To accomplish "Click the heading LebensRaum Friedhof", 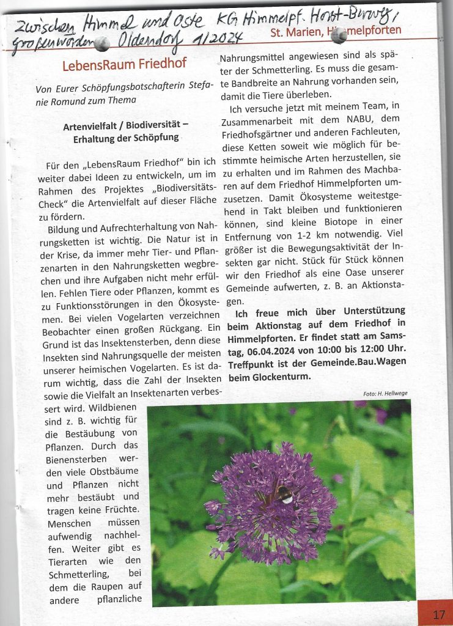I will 124,64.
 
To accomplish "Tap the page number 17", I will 439,614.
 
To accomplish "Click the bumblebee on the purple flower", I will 282,494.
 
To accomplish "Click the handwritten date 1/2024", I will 218,39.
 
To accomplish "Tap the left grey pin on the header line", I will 102,42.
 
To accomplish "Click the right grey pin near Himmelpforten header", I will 338,35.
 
